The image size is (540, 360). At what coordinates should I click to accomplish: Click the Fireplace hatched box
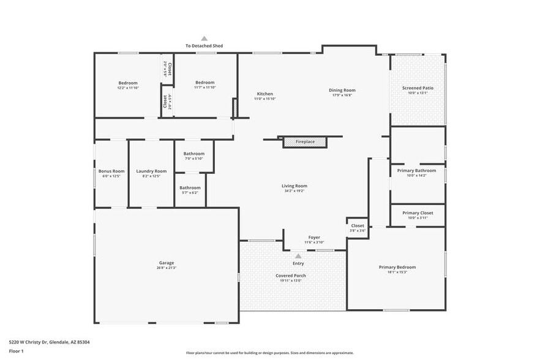coord(305,142)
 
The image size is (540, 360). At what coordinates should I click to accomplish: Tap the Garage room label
coord(167,263)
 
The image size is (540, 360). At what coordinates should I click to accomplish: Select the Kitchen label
coord(265,94)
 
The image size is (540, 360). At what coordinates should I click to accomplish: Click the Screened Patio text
coord(418,88)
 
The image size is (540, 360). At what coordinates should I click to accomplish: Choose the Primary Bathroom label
coord(417,170)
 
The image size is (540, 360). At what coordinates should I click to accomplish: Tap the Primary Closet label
coord(418,213)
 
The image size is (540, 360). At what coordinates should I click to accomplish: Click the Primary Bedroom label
coord(397,267)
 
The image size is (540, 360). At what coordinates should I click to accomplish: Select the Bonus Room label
coord(111,171)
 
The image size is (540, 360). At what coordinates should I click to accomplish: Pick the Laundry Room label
coord(151,171)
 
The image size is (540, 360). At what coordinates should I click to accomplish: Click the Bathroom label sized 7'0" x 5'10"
coord(193,154)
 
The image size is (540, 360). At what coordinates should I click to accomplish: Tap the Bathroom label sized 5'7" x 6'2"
coord(190,188)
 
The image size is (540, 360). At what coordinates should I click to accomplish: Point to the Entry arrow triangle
coord(298,257)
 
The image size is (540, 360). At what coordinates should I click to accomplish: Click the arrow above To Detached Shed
coord(204,38)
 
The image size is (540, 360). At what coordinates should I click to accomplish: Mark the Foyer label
coord(314,238)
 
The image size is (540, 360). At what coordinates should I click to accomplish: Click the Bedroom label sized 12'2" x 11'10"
coord(128,83)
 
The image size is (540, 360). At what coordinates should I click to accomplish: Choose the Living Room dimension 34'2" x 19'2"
coord(294,191)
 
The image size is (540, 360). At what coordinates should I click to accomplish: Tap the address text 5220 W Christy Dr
coord(37,342)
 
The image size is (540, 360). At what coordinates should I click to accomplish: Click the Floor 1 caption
coord(17,351)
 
